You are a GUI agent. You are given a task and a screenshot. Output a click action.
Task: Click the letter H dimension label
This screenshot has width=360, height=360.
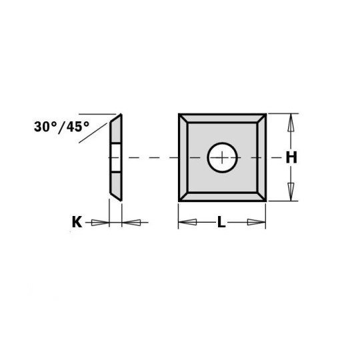point(291,158)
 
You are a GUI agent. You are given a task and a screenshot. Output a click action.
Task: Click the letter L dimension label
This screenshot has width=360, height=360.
point(221,223)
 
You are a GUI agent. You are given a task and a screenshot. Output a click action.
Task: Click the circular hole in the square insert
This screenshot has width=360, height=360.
point(222,157)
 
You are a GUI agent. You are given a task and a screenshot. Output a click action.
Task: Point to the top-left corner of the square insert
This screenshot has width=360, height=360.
point(179,115)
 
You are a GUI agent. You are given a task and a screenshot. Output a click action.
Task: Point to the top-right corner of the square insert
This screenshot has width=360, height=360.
point(265,115)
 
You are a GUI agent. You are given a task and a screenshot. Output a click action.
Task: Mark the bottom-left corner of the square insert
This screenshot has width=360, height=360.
point(179,200)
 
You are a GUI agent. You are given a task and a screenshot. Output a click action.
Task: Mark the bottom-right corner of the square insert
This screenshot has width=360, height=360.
point(265,200)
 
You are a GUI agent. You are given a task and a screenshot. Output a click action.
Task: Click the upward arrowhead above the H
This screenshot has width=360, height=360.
point(290,123)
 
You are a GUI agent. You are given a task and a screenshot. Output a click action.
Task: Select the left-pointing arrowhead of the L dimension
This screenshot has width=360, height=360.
point(187,223)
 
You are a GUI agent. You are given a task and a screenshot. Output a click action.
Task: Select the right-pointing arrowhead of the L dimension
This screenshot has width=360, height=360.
point(257,223)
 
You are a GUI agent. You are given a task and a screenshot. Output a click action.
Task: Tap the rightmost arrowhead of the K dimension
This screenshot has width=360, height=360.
point(131,223)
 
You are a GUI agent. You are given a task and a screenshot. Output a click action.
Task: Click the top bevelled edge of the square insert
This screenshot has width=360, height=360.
point(222,119)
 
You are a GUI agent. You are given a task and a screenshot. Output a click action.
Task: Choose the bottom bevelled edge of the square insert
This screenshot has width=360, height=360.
point(222,196)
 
